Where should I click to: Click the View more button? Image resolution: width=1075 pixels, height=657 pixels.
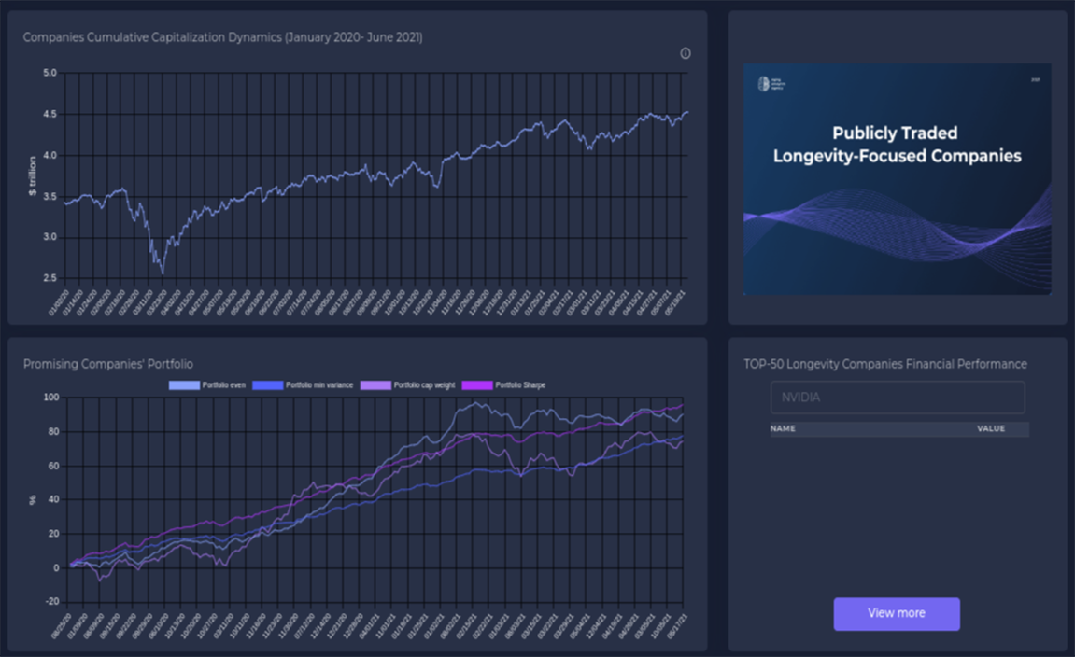(897, 613)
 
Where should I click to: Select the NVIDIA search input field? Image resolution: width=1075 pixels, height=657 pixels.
(897, 398)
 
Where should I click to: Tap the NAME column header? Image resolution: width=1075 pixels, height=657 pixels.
(783, 429)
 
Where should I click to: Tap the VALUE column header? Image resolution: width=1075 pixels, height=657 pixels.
(991, 429)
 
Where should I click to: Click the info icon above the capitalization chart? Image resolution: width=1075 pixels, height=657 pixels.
(686, 53)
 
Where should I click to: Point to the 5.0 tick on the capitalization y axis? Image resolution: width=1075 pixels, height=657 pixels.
(50, 73)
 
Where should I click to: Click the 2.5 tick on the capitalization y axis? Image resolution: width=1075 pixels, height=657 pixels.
(50, 278)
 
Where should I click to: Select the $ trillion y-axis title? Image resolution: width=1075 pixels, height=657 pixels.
(33, 175)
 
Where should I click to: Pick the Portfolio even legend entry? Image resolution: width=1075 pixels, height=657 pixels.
(208, 384)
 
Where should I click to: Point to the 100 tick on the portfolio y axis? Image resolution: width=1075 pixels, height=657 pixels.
(50, 398)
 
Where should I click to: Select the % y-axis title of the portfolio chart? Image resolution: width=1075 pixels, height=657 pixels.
(33, 499)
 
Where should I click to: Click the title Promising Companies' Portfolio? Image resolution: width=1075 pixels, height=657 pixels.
(108, 364)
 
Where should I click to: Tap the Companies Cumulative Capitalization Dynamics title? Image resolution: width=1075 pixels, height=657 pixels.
(222, 37)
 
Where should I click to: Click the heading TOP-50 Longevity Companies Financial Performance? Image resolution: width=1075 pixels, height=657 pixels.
(885, 364)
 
